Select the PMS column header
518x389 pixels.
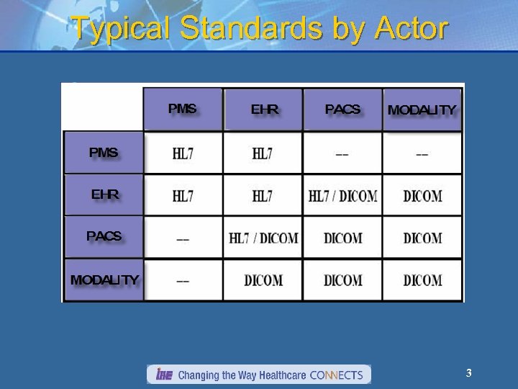[182, 109]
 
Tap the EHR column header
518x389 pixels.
[264, 109]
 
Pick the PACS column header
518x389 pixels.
[342, 109]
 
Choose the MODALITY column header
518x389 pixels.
[422, 110]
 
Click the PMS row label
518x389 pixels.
[104, 152]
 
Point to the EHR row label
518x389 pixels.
[105, 194]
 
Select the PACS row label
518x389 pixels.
[104, 236]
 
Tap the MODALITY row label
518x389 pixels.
[104, 280]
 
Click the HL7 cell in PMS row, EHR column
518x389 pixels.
[263, 153]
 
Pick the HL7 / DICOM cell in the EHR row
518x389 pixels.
[342, 196]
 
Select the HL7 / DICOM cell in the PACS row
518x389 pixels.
[263, 238]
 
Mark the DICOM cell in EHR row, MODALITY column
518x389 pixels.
[422, 196]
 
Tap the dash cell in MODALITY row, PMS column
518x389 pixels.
[183, 280]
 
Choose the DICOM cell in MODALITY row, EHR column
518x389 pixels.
[263, 280]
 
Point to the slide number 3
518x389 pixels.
[468, 373]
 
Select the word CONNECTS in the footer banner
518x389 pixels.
[338, 375]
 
